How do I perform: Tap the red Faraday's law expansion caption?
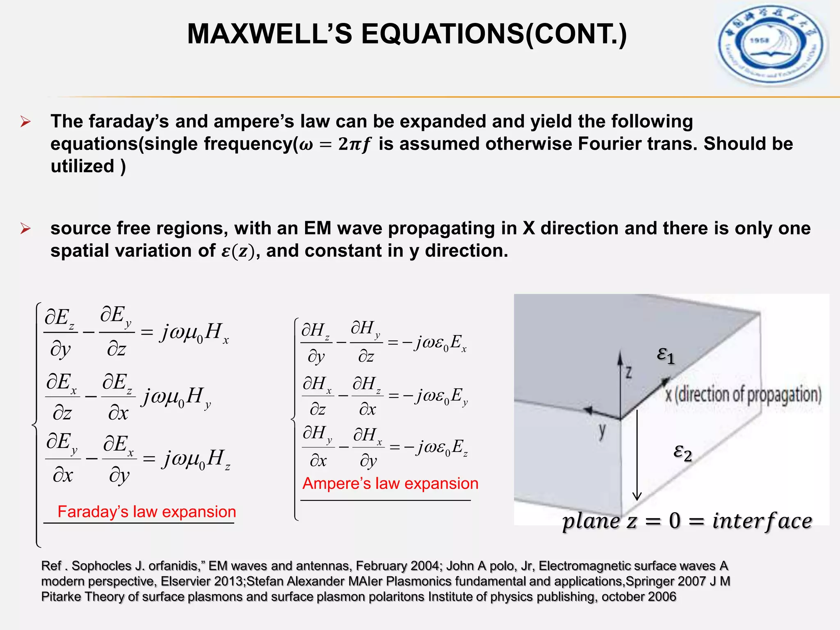tap(146, 512)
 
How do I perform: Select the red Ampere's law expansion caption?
tap(390, 484)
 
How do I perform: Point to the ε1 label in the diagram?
tap(665, 355)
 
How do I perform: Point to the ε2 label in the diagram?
tap(682, 452)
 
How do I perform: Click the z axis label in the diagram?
tap(628, 372)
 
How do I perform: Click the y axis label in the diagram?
tap(602, 431)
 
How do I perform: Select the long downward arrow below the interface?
tap(637, 455)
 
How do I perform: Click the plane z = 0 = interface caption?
tap(687, 521)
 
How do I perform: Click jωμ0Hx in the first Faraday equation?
tap(194, 332)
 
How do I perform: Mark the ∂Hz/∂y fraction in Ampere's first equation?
tap(315, 343)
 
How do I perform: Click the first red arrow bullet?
tap(25, 122)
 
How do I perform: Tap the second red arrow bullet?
tap(25, 228)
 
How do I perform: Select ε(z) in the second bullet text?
tap(238, 251)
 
